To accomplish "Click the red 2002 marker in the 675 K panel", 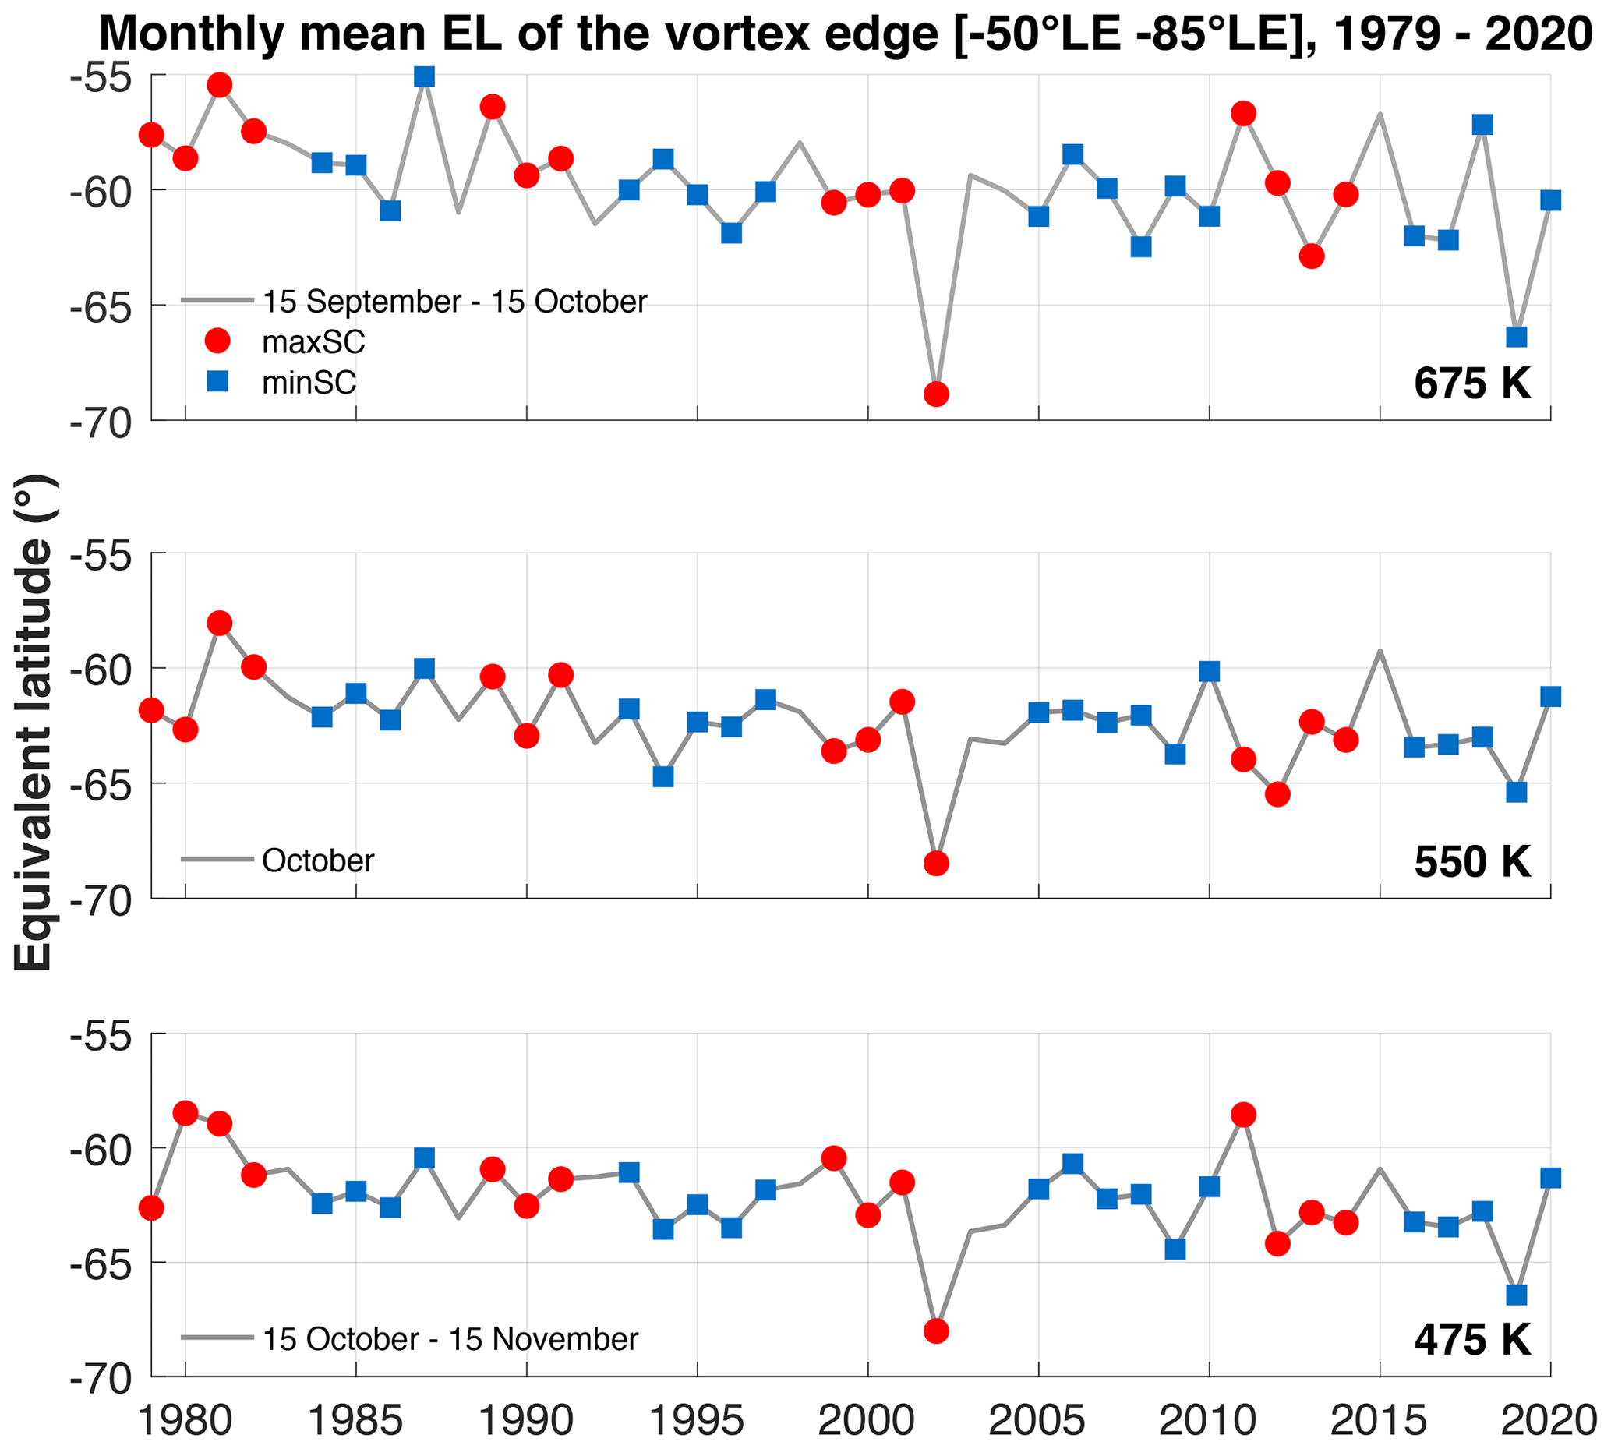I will (936, 394).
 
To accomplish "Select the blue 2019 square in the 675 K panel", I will (1516, 337).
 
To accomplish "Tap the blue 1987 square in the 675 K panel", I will (424, 76).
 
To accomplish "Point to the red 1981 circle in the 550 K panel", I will (220, 623).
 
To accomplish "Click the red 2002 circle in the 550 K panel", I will (936, 863).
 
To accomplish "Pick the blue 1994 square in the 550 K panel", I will (663, 776).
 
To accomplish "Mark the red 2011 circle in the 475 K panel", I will (1243, 1115).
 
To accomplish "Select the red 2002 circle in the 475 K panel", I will (936, 1331).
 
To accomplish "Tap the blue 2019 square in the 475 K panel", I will (1516, 1295).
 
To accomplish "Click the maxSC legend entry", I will (313, 341).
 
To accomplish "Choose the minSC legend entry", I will (309, 383).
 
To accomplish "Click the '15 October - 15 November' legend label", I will (450, 1339).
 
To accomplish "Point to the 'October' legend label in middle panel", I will (317, 861).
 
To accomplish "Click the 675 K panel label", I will (1471, 383).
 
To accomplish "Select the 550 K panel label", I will (1471, 861).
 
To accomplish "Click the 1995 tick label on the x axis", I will (698, 1421).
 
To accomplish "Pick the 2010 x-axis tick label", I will (1209, 1421).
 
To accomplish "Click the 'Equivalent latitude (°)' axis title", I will (34, 723).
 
